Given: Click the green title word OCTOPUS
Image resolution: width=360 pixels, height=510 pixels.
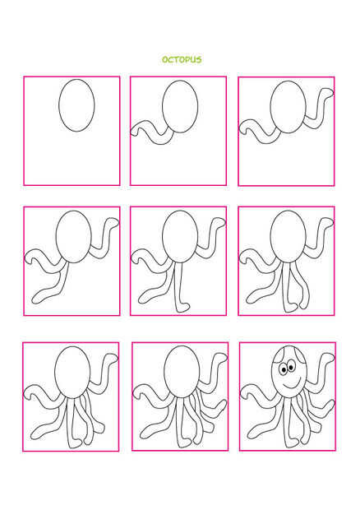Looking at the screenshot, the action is [x=182, y=59].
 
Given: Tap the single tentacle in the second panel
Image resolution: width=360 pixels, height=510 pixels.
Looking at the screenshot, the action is [x=153, y=132].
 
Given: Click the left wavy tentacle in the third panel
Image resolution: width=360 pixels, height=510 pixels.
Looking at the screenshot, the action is [x=260, y=132].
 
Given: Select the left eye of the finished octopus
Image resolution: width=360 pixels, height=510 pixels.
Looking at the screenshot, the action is [x=284, y=369].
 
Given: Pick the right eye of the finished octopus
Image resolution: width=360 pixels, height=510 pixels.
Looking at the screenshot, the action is [x=291, y=366].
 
